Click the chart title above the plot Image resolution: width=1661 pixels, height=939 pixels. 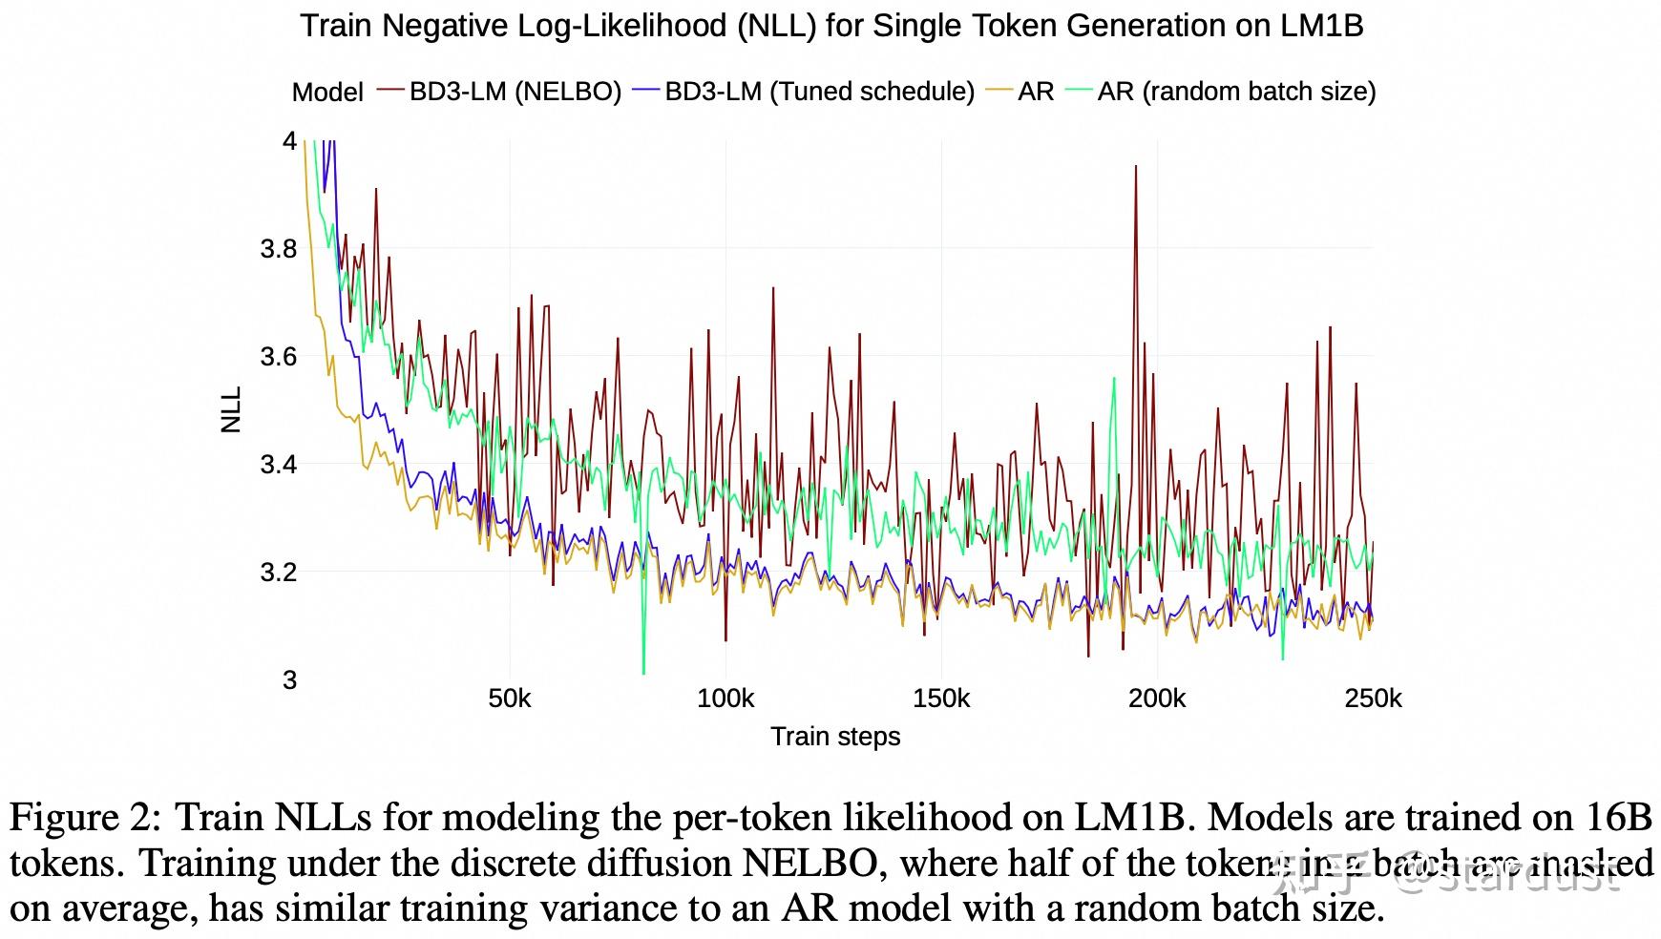click(x=831, y=26)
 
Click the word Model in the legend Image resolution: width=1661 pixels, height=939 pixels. click(x=327, y=93)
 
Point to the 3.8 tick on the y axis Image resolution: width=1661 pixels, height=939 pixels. click(x=279, y=249)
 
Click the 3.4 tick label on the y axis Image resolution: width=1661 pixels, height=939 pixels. click(x=279, y=465)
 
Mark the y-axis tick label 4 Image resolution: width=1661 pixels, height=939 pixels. click(x=289, y=141)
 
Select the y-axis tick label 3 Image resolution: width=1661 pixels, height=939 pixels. click(x=289, y=679)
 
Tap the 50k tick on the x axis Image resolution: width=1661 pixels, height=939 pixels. click(x=510, y=699)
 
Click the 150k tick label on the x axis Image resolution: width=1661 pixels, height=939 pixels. click(x=941, y=699)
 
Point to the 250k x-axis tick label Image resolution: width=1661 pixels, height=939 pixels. click(x=1373, y=699)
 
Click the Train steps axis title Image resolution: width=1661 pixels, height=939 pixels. click(x=835, y=737)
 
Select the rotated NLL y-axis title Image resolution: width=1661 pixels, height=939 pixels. click(x=232, y=410)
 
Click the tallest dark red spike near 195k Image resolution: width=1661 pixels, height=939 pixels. click(x=1135, y=168)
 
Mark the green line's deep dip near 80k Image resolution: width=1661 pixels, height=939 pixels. click(x=644, y=671)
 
